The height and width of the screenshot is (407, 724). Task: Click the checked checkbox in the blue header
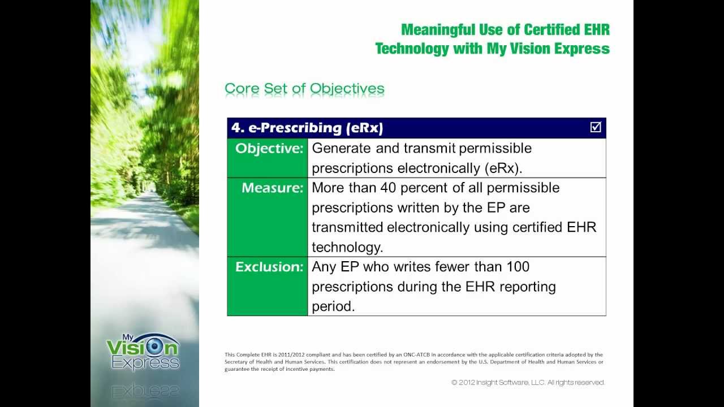595,127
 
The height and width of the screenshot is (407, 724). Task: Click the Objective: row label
269,149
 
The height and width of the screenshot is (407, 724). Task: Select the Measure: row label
272,188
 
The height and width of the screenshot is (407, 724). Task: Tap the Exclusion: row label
269,267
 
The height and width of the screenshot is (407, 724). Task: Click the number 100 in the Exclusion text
518,266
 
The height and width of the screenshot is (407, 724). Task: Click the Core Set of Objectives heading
304,89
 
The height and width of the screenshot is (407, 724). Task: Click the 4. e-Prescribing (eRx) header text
307,128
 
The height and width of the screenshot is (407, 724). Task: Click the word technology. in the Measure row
347,247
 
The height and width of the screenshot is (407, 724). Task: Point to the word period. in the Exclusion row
333,306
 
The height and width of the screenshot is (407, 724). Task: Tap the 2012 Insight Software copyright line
528,383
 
